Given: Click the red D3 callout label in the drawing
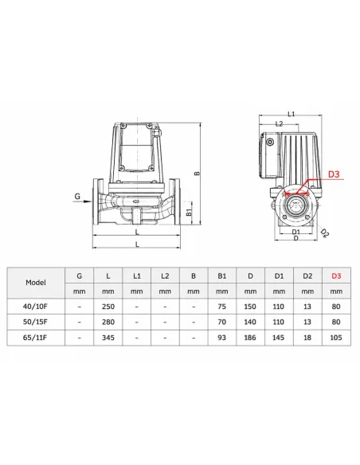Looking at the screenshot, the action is [334, 174].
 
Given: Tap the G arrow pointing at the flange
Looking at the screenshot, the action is [82, 201].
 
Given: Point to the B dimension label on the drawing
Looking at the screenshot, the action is [198, 173].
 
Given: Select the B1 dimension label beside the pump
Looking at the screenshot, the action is [189, 213].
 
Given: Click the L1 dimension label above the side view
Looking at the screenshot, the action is [292, 114].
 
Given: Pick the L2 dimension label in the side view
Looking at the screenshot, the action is [279, 123].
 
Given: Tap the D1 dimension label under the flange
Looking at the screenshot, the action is [296, 232].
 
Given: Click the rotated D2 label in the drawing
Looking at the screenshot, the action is [325, 233].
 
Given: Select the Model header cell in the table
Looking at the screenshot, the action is [36, 283].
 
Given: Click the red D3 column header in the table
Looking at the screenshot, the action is [336, 276].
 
